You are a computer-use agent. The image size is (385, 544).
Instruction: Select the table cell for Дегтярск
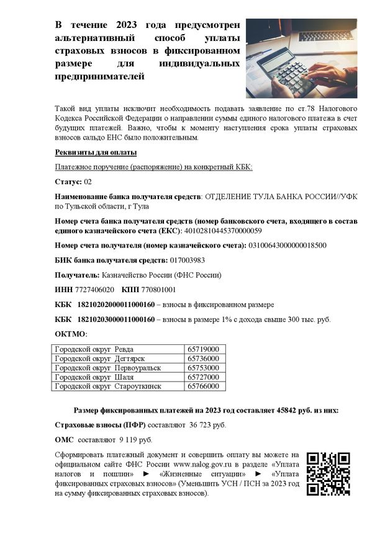(119, 359)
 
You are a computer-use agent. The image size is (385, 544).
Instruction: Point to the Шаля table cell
(119, 377)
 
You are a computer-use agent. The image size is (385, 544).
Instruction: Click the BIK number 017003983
(187, 260)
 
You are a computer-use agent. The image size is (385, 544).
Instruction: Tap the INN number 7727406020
(94, 290)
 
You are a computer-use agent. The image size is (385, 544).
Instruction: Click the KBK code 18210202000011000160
(115, 305)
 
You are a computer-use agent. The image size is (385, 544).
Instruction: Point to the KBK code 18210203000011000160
(115, 320)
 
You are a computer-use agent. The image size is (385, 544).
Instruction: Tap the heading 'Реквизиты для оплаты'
(96, 153)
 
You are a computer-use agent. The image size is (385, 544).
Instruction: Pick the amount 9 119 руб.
(135, 440)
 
